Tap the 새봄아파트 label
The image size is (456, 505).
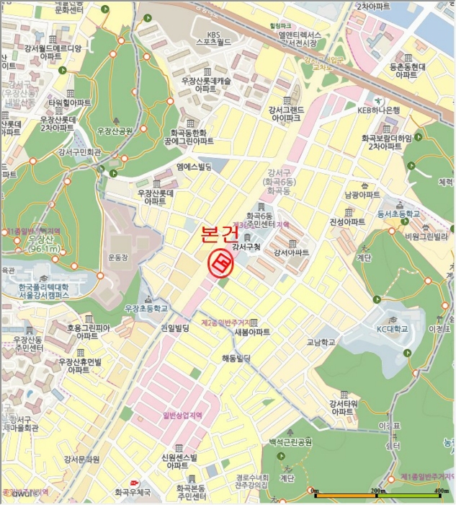[x=252, y=331]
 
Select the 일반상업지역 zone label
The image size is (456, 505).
[x=182, y=415]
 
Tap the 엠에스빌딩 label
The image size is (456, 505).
[x=194, y=167]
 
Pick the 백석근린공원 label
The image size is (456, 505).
[x=290, y=442]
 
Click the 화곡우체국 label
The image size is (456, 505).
[x=133, y=492]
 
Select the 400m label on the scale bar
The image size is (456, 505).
[x=442, y=491]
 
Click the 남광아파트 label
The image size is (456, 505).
[x=362, y=195]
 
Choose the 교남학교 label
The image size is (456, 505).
[x=321, y=343]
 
